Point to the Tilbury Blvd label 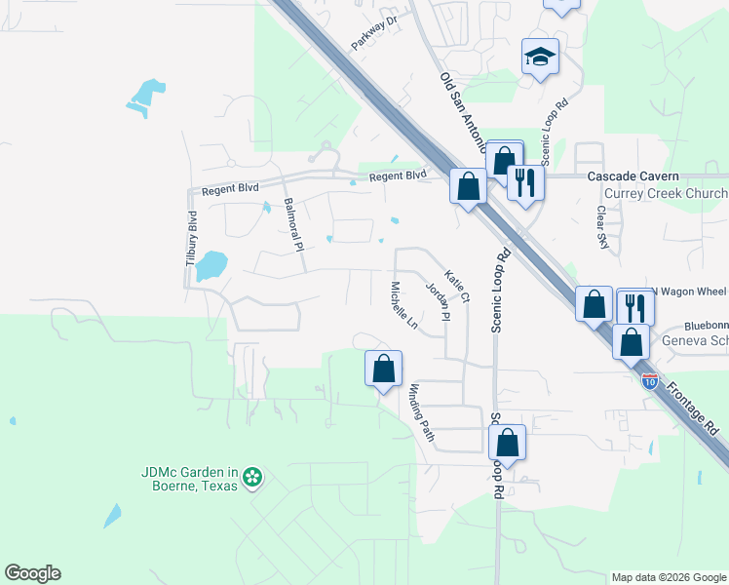192,239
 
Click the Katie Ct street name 457,286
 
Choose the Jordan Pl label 439,301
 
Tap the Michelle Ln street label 403,306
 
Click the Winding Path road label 421,411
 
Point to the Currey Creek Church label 667,194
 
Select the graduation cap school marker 539,56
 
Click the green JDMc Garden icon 252,477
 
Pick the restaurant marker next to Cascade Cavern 526,182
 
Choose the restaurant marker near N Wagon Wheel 635,307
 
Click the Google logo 32,573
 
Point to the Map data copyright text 669,577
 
